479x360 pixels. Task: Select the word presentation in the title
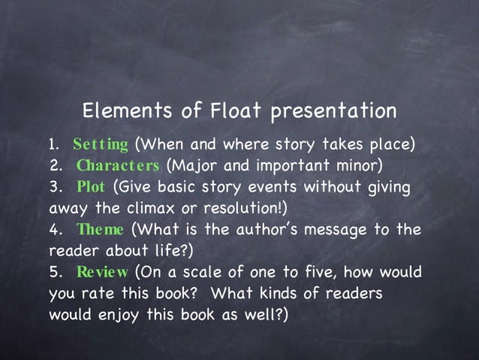[x=333, y=111]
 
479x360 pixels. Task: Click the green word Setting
[x=101, y=144]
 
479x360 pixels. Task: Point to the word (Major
[x=188, y=165]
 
